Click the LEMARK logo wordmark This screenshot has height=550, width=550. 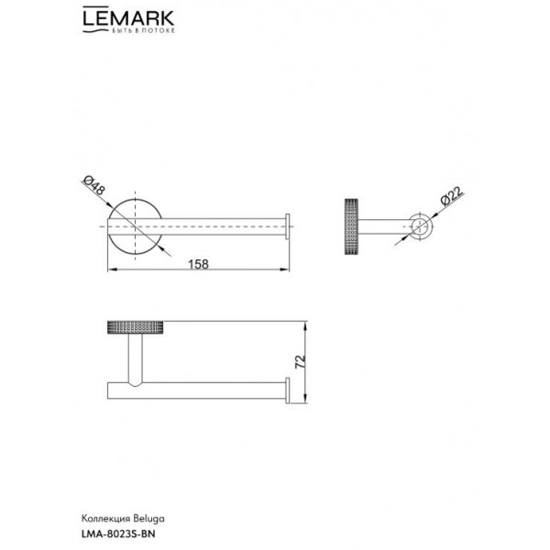pyautogui.click(x=128, y=18)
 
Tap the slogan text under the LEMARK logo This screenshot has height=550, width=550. pyautogui.click(x=143, y=31)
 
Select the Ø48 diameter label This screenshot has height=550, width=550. pyautogui.click(x=93, y=186)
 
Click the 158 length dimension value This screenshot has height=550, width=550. pyautogui.click(x=199, y=264)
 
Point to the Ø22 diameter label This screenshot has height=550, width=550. pyautogui.click(x=452, y=196)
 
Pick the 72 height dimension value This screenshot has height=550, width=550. pyautogui.click(x=301, y=362)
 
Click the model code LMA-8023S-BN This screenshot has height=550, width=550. pyautogui.click(x=118, y=534)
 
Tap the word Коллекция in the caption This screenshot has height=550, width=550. pyautogui.click(x=105, y=519)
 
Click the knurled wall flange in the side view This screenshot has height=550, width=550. pyautogui.click(x=351, y=226)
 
